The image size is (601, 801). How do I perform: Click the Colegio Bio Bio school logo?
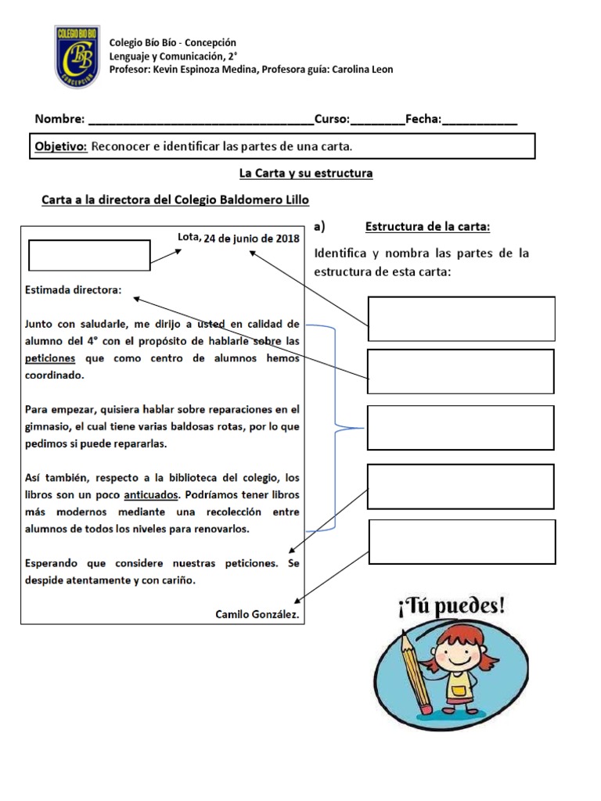click(77, 56)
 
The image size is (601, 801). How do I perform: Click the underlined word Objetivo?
click(60, 146)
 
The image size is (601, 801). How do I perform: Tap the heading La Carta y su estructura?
click(305, 173)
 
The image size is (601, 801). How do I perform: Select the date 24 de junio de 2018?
click(251, 239)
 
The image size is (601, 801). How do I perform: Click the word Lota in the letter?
click(189, 237)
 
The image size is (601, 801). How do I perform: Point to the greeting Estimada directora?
click(74, 290)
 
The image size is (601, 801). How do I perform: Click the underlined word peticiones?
click(50, 357)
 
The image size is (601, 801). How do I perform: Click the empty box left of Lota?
click(89, 255)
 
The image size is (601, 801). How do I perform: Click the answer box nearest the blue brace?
click(461, 428)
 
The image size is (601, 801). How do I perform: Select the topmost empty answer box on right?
click(461, 318)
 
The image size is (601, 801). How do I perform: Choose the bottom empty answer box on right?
click(461, 541)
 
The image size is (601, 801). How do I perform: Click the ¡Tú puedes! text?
click(452, 606)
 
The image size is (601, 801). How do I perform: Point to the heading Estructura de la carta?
click(427, 227)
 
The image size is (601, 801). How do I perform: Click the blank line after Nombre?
click(200, 120)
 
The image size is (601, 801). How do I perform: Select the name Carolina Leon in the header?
click(362, 70)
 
